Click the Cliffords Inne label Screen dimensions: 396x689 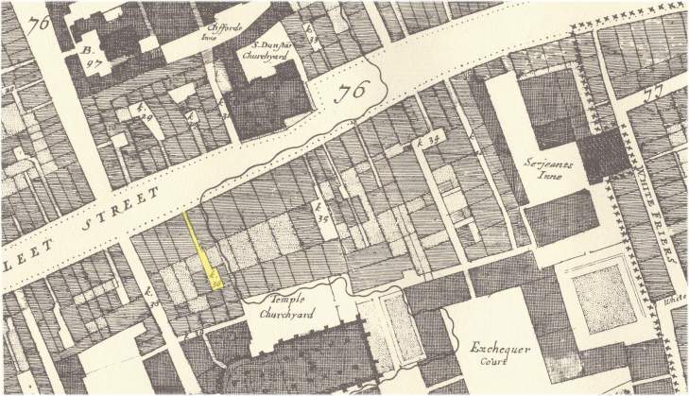click(x=225, y=32)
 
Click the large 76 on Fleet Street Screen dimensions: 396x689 click(x=351, y=93)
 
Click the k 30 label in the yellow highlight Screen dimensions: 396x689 click(x=215, y=278)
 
